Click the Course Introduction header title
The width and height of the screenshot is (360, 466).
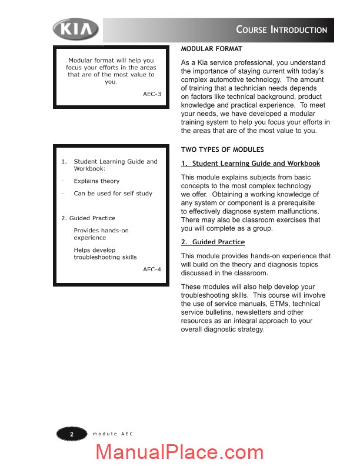click(x=281, y=29)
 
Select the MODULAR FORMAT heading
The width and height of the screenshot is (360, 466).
click(x=211, y=49)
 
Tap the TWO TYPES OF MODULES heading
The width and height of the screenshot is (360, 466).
click(x=222, y=149)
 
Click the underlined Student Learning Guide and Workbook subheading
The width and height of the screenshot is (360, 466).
click(x=251, y=164)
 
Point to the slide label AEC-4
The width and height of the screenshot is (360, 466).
click(x=152, y=269)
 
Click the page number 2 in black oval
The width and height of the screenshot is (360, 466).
click(x=71, y=434)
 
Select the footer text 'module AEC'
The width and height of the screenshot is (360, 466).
click(x=113, y=434)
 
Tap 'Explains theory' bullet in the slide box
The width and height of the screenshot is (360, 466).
click(x=96, y=181)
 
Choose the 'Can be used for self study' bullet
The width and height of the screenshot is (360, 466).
click(x=113, y=194)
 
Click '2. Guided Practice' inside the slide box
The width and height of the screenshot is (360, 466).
click(x=88, y=218)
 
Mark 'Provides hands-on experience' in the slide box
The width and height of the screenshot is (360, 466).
click(x=101, y=234)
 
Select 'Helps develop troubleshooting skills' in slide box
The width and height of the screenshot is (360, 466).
click(x=105, y=254)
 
